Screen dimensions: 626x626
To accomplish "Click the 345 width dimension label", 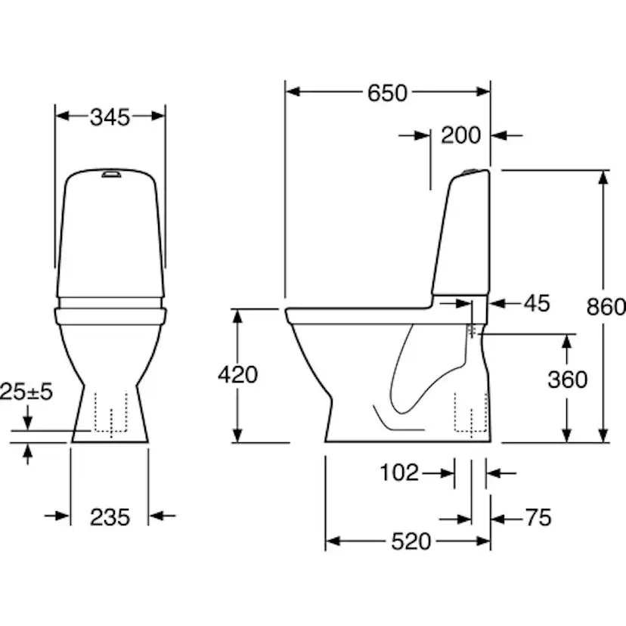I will pos(110,116).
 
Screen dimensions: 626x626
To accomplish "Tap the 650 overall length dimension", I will pos(387,92).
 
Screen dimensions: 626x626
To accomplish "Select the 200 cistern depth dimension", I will pos(460,135).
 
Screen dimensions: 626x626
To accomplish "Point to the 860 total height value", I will pos(606,306).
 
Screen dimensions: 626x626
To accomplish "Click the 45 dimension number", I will pos(537,303).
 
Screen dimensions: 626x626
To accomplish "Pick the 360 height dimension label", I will pos(567,379).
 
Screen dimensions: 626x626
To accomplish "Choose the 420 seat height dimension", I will pos(237,374).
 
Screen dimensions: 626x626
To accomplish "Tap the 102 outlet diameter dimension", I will pos(398,473).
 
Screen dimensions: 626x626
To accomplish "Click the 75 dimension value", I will pos(538,518).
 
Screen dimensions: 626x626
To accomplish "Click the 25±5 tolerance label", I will pos(26,392).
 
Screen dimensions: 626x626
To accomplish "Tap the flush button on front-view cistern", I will pos(111,175).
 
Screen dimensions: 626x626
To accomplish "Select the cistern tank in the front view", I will pos(110,234).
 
